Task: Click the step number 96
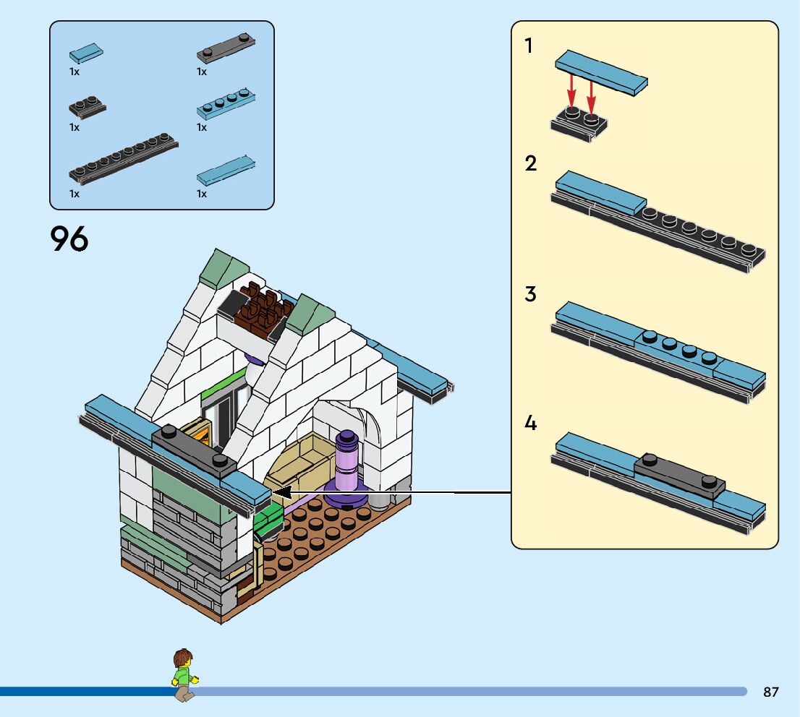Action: pos(69,239)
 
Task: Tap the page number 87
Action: pos(771,692)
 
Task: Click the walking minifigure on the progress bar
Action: pos(184,675)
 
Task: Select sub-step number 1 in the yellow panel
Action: pos(529,46)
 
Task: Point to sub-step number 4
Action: pos(531,424)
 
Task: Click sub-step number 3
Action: pos(531,295)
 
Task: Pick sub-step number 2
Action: pos(531,164)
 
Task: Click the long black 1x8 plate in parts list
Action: pos(124,158)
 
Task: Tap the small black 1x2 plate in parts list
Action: pos(87,107)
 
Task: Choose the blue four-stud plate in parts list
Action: pos(226,103)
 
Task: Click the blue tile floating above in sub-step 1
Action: pos(601,72)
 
